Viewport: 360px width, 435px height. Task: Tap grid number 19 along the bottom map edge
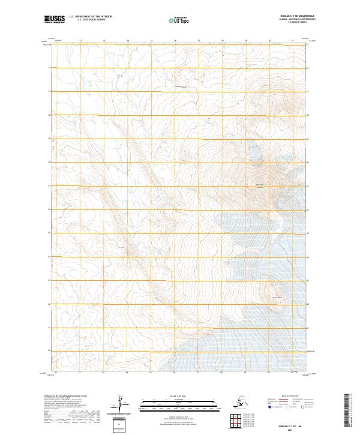pos(245,373)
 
